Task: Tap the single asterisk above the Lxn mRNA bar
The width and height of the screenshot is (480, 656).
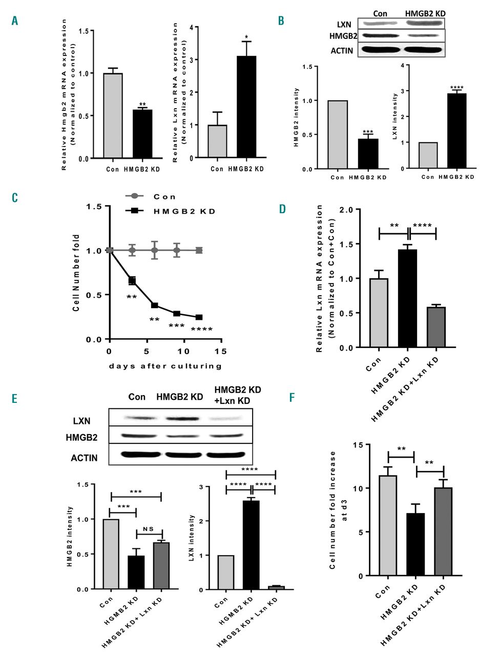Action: [x=247, y=37]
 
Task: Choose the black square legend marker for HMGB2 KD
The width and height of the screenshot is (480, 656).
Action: [x=135, y=211]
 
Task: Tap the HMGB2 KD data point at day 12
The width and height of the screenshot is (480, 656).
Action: [x=199, y=317]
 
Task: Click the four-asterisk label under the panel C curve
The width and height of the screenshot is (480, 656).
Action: [x=201, y=330]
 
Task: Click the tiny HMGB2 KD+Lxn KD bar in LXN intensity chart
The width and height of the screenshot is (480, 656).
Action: [x=276, y=587]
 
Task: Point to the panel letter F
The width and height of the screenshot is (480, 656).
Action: [x=293, y=398]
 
